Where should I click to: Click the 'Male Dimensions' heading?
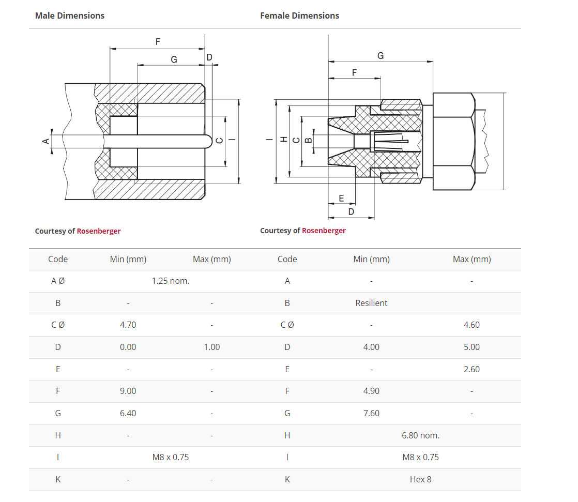[x=69, y=16]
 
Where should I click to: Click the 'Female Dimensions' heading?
[x=299, y=16]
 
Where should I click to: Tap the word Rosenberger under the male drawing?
[x=98, y=231]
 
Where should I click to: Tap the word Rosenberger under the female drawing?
[x=324, y=231]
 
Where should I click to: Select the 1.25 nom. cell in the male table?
[x=170, y=281]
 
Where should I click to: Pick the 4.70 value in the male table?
[x=128, y=325]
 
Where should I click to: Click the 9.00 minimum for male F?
[x=128, y=391]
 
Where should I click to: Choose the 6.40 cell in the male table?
[x=128, y=413]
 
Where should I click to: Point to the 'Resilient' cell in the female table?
[x=371, y=303]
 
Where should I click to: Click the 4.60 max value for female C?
[x=471, y=325]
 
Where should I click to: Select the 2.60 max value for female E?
[x=471, y=369]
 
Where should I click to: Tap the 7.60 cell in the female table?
[x=371, y=413]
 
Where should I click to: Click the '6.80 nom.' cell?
[x=420, y=435]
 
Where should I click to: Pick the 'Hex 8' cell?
[x=420, y=479]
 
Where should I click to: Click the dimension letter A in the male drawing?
[x=45, y=141]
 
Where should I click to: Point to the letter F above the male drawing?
[x=158, y=42]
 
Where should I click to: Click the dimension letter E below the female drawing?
[x=341, y=198]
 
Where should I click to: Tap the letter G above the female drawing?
[x=381, y=55]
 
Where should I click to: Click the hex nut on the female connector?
[x=453, y=141]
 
